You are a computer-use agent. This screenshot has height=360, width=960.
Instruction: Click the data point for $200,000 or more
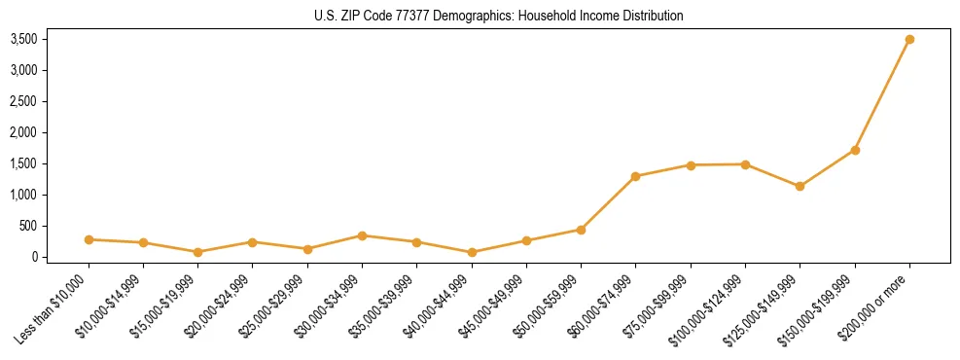tap(909, 39)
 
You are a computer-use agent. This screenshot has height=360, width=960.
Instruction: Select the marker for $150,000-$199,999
tap(855, 150)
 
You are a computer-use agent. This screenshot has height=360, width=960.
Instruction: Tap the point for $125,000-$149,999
tap(800, 186)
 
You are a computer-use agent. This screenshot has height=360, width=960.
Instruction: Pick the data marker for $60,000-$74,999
tap(635, 176)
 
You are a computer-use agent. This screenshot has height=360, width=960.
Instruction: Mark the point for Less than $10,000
tap(89, 239)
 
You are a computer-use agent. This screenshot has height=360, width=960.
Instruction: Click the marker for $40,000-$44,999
tap(472, 252)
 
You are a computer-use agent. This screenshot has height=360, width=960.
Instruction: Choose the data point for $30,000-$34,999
tap(362, 235)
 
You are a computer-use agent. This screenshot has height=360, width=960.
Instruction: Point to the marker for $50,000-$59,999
tap(581, 230)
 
